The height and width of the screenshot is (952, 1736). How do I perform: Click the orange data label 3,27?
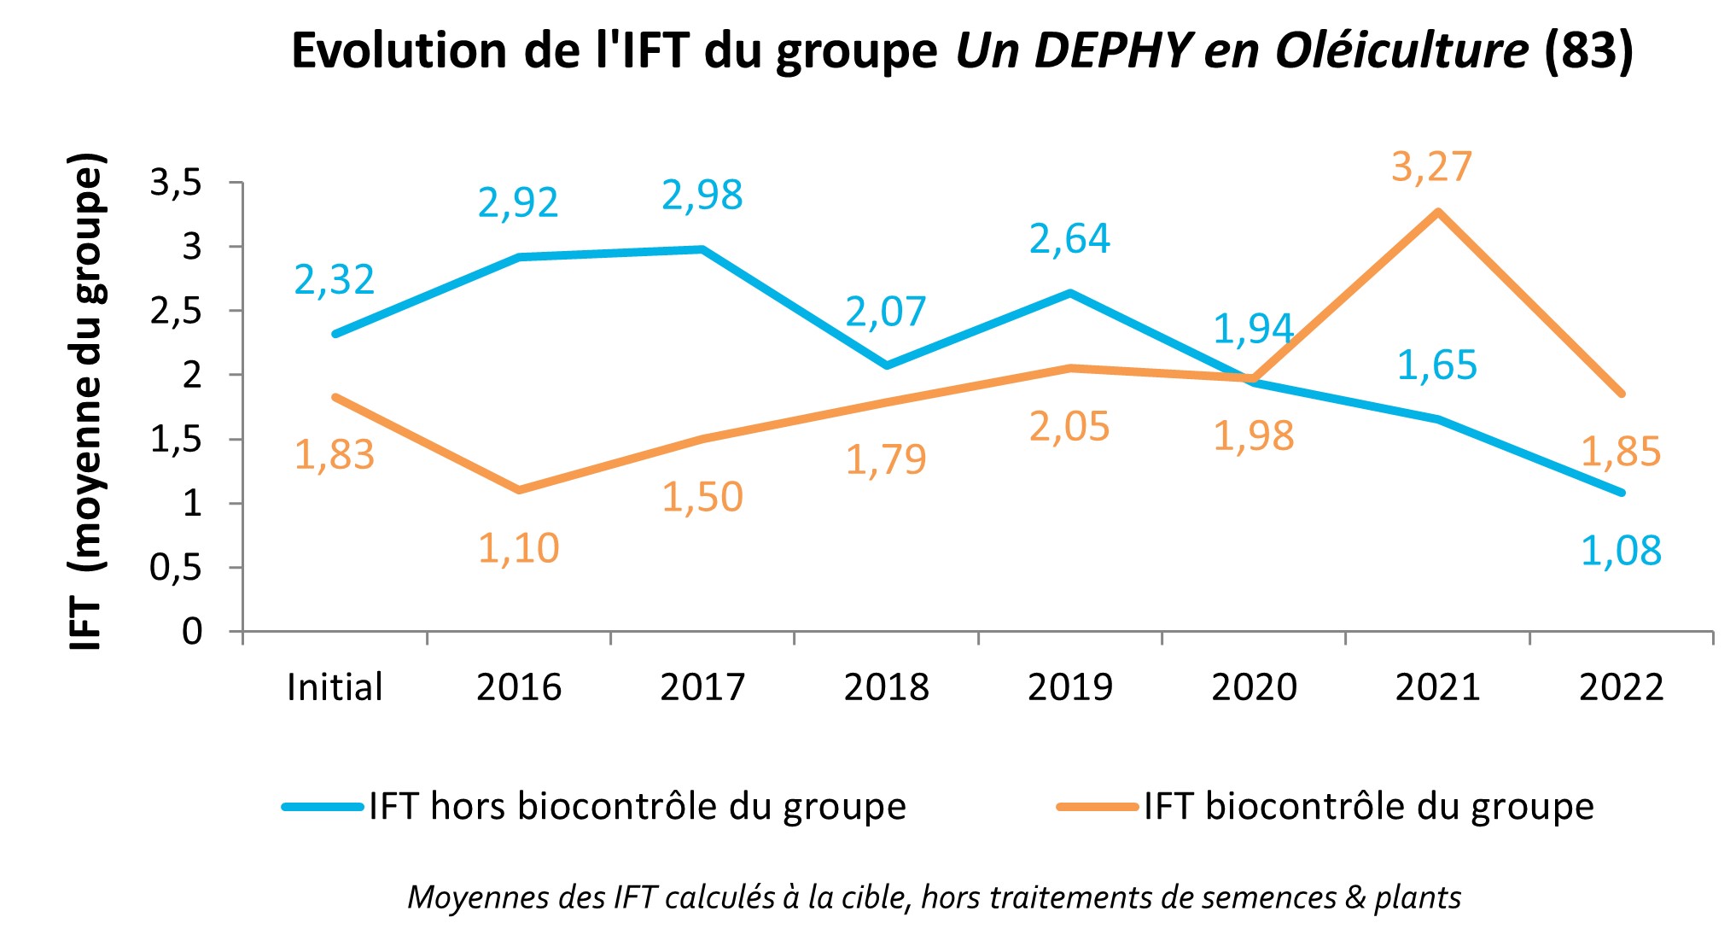point(1431,166)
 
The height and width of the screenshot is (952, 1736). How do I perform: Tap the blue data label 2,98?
point(702,196)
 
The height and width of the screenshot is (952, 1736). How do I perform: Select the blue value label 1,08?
point(1620,551)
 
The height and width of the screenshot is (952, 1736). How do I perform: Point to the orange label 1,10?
point(518,548)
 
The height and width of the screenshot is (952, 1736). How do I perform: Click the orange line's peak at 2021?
point(1438,212)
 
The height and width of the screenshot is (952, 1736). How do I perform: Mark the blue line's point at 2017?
point(702,249)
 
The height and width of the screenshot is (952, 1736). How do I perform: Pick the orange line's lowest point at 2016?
point(518,490)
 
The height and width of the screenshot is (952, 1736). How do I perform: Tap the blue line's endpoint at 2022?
point(1621,493)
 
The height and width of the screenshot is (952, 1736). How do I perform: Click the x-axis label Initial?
point(334,687)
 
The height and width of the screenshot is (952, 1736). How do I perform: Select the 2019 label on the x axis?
point(1069,687)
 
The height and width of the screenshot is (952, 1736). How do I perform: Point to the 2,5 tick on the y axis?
point(176,312)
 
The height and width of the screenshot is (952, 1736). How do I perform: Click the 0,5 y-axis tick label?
point(176,568)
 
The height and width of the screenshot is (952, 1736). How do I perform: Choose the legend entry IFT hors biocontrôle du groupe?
point(636,806)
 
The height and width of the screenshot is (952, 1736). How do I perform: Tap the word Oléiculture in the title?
point(1401,50)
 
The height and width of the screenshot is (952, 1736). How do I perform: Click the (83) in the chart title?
point(1588,50)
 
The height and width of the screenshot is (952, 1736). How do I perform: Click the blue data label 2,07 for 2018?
point(885,312)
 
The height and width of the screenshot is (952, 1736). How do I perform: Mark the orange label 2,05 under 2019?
point(1069,427)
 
